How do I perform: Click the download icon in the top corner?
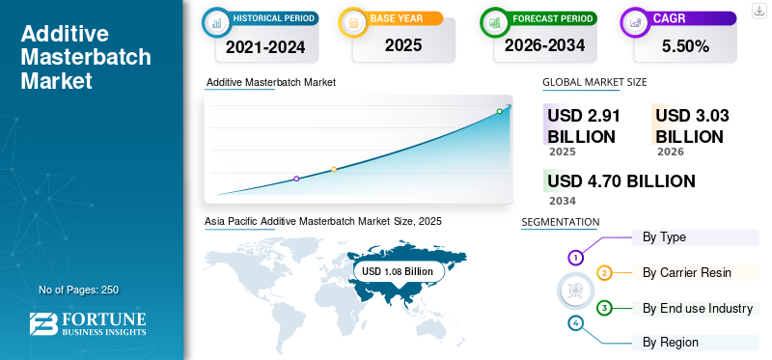coord(759,11)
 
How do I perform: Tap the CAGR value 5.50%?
coord(685,46)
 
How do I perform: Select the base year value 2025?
coord(403,45)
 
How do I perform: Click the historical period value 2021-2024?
coord(265,47)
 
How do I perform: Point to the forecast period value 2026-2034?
coord(544,45)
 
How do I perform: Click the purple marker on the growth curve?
coord(296,179)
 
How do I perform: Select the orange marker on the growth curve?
coord(334,170)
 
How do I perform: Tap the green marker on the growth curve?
coord(499,111)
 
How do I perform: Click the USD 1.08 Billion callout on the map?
coord(398,271)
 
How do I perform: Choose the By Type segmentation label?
coord(664,237)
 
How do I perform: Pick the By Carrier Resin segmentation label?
coord(687,272)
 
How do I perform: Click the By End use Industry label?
coord(698,308)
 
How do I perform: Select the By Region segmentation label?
coord(671,343)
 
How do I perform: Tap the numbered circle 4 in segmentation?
coord(576,323)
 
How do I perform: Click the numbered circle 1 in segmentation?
coord(575,257)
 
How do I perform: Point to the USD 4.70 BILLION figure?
coord(621,181)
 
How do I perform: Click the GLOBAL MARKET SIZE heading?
coord(594,82)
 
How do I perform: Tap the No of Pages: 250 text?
coord(79,290)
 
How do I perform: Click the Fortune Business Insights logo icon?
coord(43,324)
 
